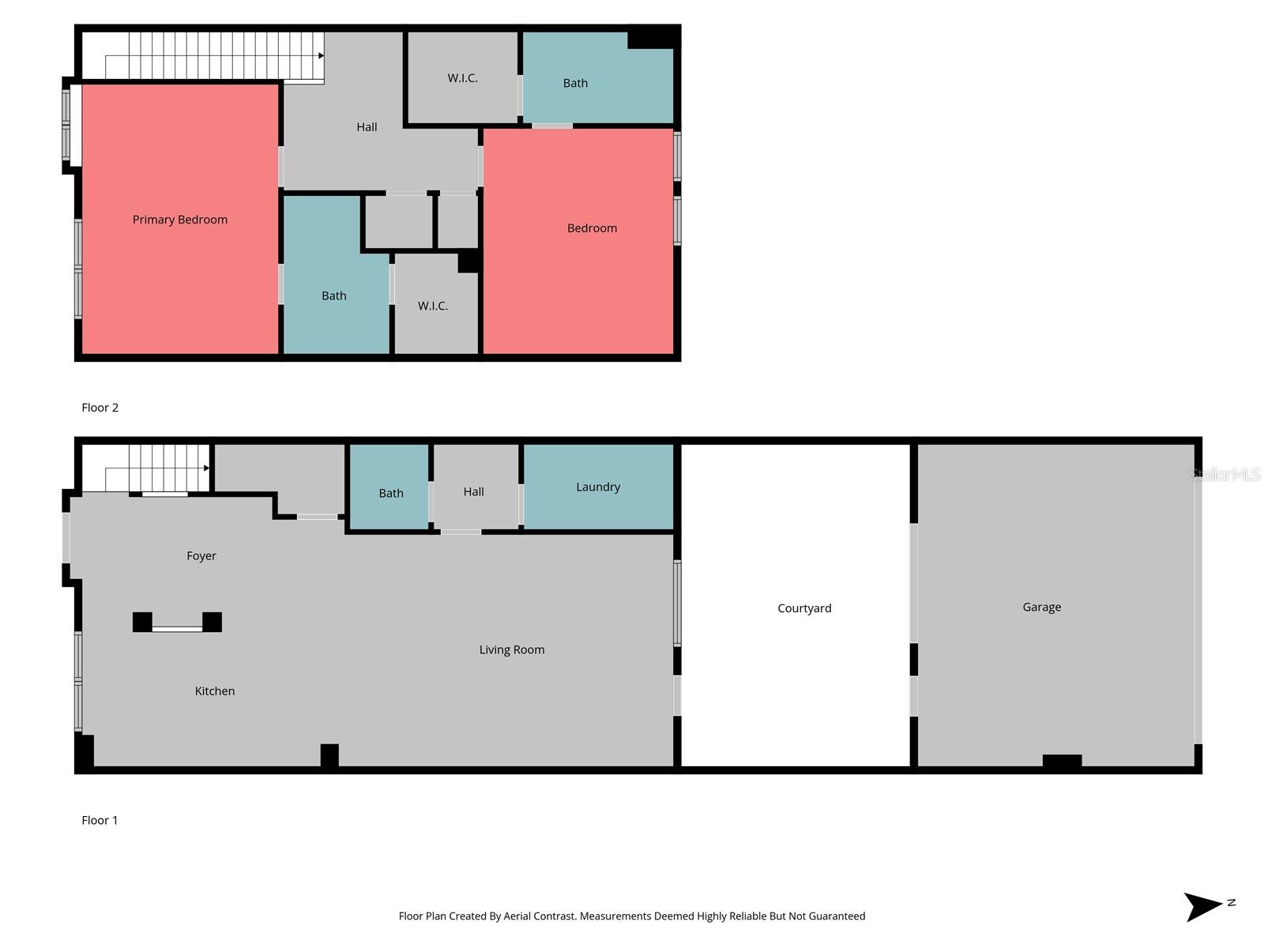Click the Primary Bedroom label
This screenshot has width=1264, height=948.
click(x=180, y=220)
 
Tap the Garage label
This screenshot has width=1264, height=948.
click(x=1041, y=607)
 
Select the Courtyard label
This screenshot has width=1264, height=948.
click(x=804, y=608)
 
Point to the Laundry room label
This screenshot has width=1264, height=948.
click(x=598, y=487)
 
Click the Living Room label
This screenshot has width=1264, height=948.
click(x=512, y=649)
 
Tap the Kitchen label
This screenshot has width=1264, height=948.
click(x=215, y=690)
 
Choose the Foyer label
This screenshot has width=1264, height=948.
click(x=201, y=555)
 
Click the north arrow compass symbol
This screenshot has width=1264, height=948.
click(x=1205, y=905)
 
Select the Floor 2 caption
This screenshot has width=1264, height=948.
click(x=100, y=408)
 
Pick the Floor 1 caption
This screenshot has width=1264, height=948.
click(x=100, y=820)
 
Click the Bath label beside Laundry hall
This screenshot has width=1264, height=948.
click(x=391, y=493)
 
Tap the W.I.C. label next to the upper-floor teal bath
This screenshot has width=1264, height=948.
click(x=463, y=77)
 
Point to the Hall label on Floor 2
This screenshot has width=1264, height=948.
click(x=367, y=126)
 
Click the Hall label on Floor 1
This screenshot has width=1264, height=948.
click(x=474, y=491)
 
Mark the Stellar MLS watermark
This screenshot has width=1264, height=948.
click(x=1225, y=474)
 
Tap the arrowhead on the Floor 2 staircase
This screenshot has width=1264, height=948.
click(x=322, y=55)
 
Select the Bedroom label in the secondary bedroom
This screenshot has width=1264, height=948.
click(x=592, y=228)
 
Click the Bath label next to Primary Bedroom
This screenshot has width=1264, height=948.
click(x=334, y=295)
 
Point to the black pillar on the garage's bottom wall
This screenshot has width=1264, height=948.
click(x=1062, y=761)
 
